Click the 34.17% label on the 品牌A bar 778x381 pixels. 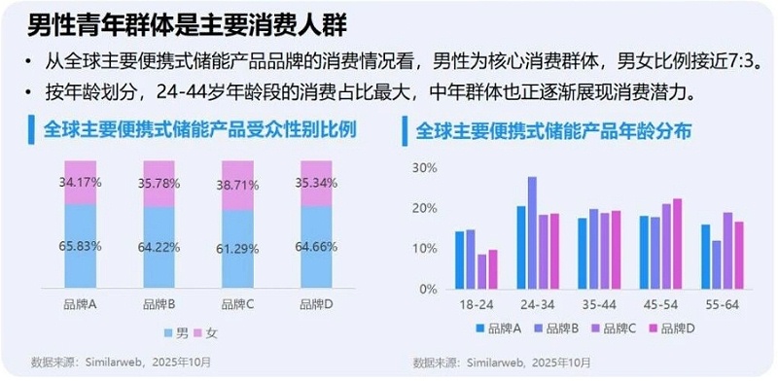point(81,182)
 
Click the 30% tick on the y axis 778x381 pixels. point(426,167)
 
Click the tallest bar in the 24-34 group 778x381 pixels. point(532,232)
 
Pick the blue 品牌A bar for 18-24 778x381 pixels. point(460,260)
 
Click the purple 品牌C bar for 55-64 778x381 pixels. point(726,251)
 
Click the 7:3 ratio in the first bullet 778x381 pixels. point(739,61)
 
